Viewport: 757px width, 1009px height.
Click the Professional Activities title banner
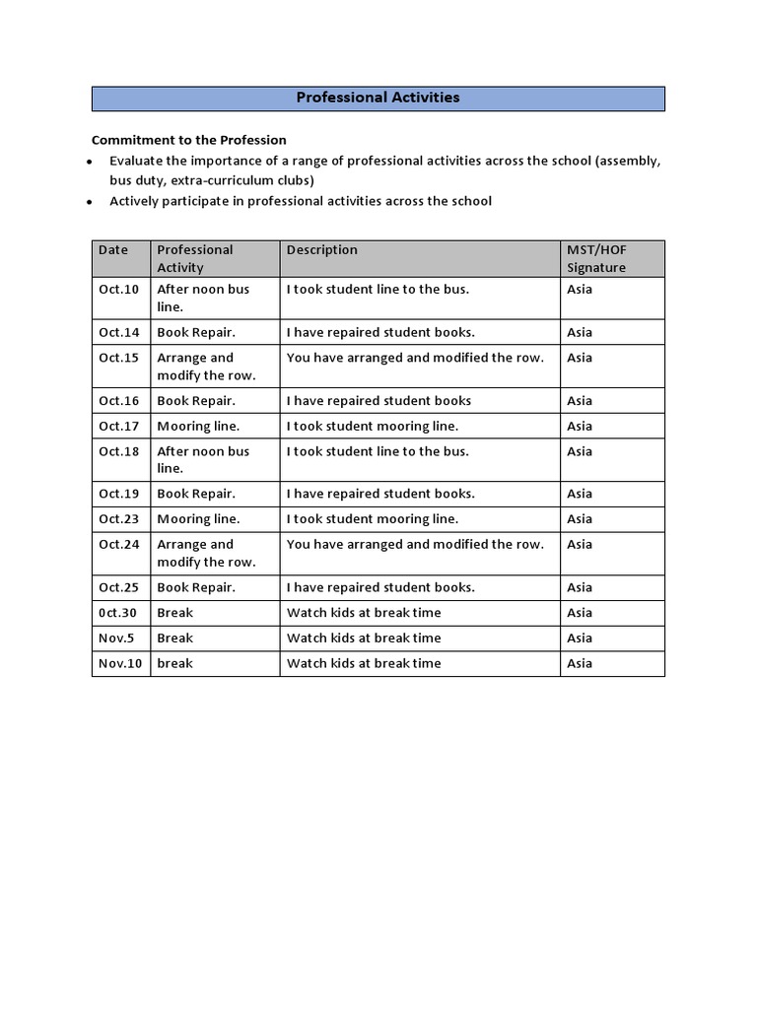[x=378, y=99]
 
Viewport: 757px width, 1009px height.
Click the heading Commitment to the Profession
[x=188, y=140]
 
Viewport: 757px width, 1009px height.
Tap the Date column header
[x=113, y=250]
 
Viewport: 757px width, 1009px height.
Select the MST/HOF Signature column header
[x=596, y=258]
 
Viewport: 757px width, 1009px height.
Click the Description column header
[x=322, y=250]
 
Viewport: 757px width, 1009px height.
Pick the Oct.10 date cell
[x=118, y=290]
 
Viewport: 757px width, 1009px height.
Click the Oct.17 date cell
[x=118, y=427]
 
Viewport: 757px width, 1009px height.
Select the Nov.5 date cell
[x=116, y=639]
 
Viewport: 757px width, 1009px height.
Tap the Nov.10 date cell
[x=120, y=664]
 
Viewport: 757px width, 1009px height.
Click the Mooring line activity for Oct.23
[x=198, y=519]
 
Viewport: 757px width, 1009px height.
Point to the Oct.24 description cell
[x=415, y=545]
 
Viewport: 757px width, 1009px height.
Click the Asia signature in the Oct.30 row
[x=580, y=613]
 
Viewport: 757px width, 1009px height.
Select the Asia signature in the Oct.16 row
[x=580, y=401]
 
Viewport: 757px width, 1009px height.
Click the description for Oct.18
[x=378, y=452]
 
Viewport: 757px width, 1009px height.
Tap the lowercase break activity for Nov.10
[x=174, y=664]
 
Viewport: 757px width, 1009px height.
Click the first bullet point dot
[x=90, y=162]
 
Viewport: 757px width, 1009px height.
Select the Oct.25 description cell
[x=380, y=588]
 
